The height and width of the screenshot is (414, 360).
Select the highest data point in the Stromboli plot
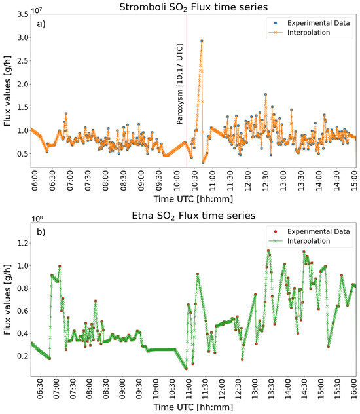[x=202, y=41]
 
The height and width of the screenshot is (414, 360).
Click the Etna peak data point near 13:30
[x=268, y=250]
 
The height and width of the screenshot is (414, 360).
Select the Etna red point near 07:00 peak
[x=60, y=266]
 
